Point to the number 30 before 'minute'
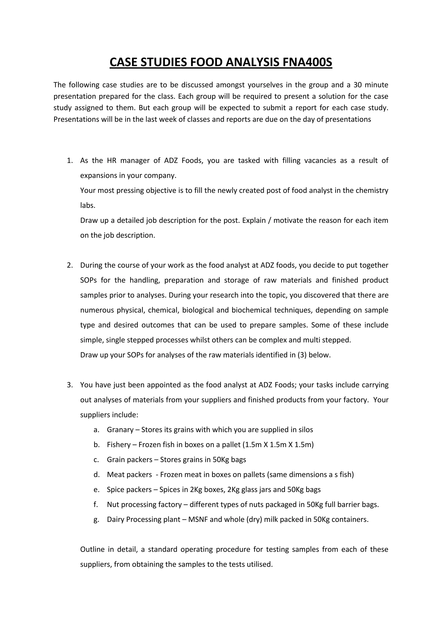pyautogui.click(x=357, y=85)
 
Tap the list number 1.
pyautogui.click(x=70, y=161)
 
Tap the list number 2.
pyautogui.click(x=70, y=265)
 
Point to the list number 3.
pyautogui.click(x=70, y=385)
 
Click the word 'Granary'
pyautogui.click(x=120, y=430)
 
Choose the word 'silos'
pyautogui.click(x=305, y=430)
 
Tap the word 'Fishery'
pyautogui.click(x=119, y=445)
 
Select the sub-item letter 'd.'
pyautogui.click(x=96, y=475)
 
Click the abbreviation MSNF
pyautogui.click(x=198, y=520)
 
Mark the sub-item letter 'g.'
pyautogui.click(x=96, y=520)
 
